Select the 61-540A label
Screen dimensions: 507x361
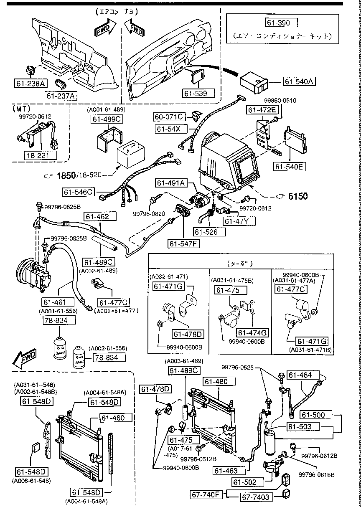pos(300,81)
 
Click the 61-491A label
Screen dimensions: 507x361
pos(172,183)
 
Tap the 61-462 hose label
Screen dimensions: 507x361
pos(97,217)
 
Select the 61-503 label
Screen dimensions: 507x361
pos(303,426)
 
